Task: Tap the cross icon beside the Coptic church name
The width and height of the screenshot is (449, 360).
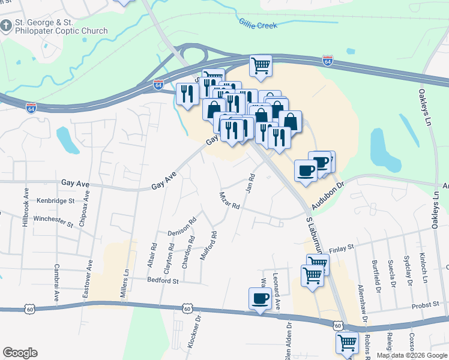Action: pos(6,26)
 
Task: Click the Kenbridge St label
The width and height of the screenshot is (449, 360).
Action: pos(55,201)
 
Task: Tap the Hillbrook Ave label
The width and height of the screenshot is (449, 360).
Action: pos(26,208)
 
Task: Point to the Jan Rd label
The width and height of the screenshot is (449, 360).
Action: pos(252,184)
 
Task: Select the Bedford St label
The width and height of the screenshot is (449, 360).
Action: pos(164,280)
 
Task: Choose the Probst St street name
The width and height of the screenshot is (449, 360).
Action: pos(426,306)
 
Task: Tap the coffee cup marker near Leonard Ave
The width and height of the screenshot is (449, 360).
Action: pos(260,298)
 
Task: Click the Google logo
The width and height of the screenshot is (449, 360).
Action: pos(20,353)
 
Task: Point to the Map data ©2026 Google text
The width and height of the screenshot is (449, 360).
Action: pos(412,355)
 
